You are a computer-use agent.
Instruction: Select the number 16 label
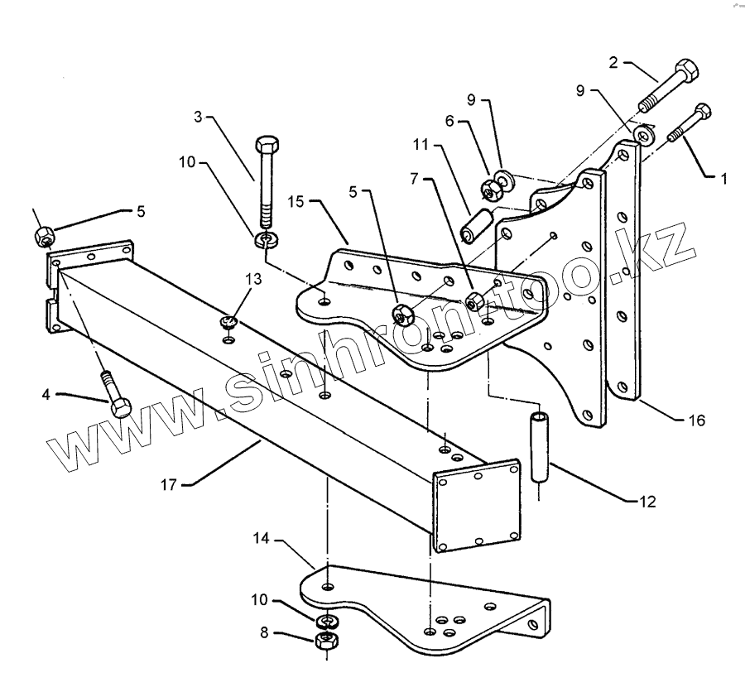pos(696,420)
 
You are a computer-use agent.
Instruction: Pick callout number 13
pos(254,280)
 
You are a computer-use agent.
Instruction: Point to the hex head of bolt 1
pos(705,111)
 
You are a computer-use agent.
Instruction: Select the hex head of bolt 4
pos(119,407)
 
